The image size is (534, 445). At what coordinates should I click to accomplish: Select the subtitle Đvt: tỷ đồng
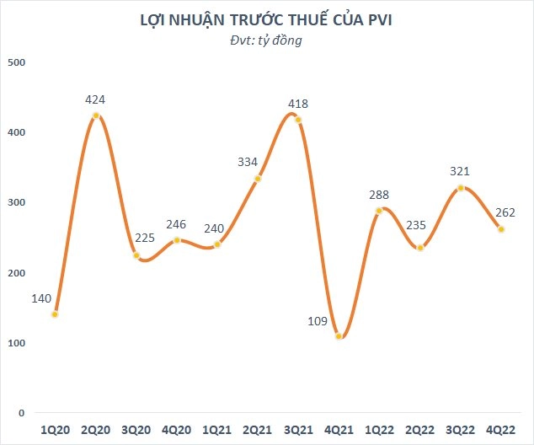click(266, 40)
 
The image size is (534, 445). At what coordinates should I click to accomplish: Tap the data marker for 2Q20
click(96, 115)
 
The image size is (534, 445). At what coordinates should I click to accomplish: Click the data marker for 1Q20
click(55, 314)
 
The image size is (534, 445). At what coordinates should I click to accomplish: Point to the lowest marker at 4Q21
click(339, 336)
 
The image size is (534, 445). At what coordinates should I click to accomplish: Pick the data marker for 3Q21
click(298, 120)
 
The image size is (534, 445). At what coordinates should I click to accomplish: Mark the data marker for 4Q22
click(501, 229)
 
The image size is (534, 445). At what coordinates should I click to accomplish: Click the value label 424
click(96, 100)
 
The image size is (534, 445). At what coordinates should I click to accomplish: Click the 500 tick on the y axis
click(17, 62)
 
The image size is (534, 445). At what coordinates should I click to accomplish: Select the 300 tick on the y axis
click(17, 202)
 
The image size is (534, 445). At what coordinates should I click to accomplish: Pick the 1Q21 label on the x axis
click(217, 431)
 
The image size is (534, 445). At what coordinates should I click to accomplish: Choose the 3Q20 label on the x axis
click(136, 431)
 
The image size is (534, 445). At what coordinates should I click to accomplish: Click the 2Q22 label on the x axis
click(419, 431)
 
